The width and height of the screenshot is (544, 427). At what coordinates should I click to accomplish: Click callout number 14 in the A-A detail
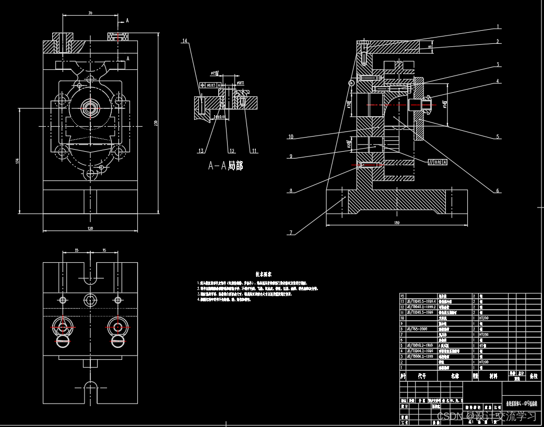click(184, 40)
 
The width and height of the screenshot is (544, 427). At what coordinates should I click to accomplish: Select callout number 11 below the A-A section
click(254, 151)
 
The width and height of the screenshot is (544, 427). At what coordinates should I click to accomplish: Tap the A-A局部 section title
click(226, 166)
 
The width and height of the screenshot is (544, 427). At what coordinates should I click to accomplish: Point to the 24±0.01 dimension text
click(220, 117)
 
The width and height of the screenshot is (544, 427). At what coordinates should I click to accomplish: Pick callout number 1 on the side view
click(498, 27)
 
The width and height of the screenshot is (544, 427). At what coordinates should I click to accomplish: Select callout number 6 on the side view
click(498, 191)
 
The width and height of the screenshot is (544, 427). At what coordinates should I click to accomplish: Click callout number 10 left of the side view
click(290, 137)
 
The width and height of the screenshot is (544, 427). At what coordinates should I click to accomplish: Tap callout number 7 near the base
click(290, 233)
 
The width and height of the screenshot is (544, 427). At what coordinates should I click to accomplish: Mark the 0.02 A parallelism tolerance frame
click(437, 162)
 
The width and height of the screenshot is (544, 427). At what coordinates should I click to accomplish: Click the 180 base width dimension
click(396, 223)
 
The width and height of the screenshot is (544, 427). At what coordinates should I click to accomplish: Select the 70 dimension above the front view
click(90, 13)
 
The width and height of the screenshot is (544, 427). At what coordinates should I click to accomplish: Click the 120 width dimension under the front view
click(90, 228)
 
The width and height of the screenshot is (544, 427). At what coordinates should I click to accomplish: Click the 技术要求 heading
click(263, 274)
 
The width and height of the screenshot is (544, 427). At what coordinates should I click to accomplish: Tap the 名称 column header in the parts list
click(454, 375)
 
